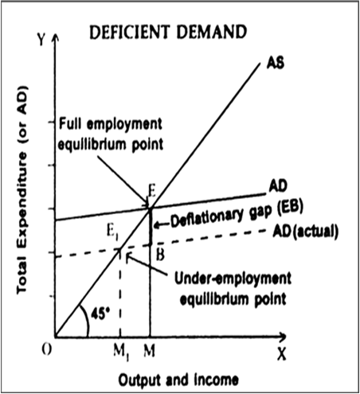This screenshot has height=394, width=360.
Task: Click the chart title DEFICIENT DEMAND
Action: pyautogui.click(x=168, y=32)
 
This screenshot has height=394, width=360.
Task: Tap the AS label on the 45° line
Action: pyautogui.click(x=276, y=63)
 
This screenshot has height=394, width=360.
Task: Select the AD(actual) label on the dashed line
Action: pyautogui.click(x=306, y=232)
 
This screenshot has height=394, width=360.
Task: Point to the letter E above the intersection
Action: pyautogui.click(x=152, y=191)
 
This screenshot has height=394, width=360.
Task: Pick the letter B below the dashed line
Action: pyautogui.click(x=160, y=255)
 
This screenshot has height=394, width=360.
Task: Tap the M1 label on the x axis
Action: pyautogui.click(x=121, y=353)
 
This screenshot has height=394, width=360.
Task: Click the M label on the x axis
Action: pyautogui.click(x=149, y=351)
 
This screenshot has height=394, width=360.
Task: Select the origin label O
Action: pyautogui.click(x=47, y=351)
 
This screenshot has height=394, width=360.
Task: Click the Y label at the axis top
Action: pyautogui.click(x=41, y=40)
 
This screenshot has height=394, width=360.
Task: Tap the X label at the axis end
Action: pyautogui.click(x=282, y=354)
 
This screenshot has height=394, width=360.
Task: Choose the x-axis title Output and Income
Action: pyautogui.click(x=178, y=380)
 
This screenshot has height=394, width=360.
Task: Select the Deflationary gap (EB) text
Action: pyautogui.click(x=237, y=215)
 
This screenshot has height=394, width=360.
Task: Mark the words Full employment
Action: pyautogui.click(x=111, y=124)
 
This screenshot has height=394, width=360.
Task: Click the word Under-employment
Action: pyautogui.click(x=233, y=279)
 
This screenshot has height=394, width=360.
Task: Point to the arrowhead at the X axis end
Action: pyautogui.click(x=284, y=337)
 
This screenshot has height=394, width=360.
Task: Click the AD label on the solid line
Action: pyautogui.click(x=278, y=186)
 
